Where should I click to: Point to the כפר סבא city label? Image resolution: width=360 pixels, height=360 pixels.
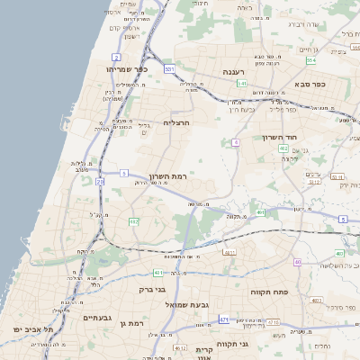(308, 83)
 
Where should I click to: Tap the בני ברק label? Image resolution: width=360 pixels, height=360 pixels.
(155, 290)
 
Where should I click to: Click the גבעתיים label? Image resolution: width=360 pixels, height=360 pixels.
(96, 318)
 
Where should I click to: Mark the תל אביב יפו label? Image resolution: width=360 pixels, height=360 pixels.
(33, 329)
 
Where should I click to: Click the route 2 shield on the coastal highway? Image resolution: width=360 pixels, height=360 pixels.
(116, 57)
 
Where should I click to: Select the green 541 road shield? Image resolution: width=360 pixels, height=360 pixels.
(241, 83)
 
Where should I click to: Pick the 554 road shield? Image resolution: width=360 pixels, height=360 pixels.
(310, 60)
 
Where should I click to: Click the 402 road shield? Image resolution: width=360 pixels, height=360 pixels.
(283, 148)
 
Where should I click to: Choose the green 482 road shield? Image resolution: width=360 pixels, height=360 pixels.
(134, 220)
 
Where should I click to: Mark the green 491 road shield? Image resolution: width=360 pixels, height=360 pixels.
(259, 213)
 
